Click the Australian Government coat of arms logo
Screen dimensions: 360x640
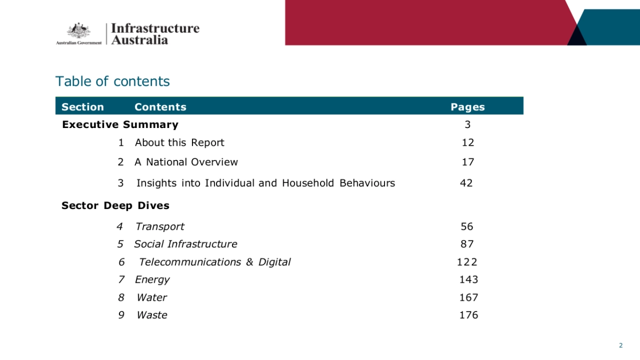click(x=78, y=31)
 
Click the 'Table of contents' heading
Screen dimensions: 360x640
click(x=113, y=82)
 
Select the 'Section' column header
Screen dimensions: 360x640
click(x=83, y=107)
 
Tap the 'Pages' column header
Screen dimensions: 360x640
click(x=468, y=107)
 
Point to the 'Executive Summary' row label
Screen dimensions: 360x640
click(x=120, y=125)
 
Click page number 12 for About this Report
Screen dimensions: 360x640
click(x=468, y=142)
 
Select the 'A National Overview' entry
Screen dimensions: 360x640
click(x=186, y=162)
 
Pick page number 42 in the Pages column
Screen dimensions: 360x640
click(x=467, y=183)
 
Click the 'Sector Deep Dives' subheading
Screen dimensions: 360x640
click(x=115, y=205)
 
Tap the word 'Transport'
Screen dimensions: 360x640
click(x=160, y=227)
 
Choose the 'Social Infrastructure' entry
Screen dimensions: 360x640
click(x=186, y=244)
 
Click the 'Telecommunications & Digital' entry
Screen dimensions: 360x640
click(x=215, y=262)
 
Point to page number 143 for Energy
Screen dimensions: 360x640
click(x=469, y=279)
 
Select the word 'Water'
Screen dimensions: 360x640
click(x=152, y=298)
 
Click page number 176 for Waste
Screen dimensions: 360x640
click(x=469, y=315)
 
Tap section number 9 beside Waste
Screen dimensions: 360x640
click(x=121, y=315)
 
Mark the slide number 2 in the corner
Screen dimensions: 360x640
click(x=621, y=346)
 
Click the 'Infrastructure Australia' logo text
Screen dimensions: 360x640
click(x=155, y=34)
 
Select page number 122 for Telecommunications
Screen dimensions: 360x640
click(x=467, y=262)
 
